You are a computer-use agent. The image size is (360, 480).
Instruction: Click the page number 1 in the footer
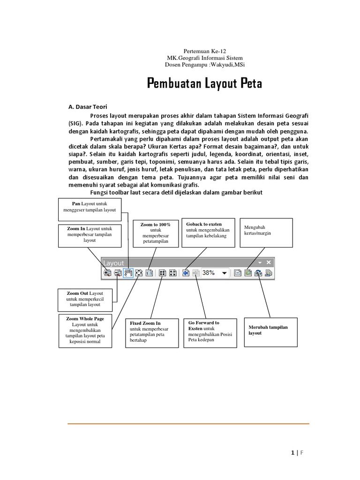[293, 453]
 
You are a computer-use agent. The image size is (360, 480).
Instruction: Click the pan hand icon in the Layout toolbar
[128, 273]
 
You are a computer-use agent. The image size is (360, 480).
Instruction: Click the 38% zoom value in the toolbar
[209, 272]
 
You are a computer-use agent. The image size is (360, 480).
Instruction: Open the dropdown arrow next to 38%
[224, 273]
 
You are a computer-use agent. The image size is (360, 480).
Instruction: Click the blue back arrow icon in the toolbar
[186, 273]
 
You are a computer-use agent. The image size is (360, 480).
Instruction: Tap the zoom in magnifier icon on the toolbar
[107, 273]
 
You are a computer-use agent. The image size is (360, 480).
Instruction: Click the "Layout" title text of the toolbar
[114, 263]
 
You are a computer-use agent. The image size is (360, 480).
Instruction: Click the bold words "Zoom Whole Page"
[85, 319]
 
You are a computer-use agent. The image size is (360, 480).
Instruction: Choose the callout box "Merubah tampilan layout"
[270, 330]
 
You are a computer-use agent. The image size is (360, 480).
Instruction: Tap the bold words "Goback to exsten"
[204, 224]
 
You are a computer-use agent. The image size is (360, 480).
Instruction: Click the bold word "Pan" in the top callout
[76, 204]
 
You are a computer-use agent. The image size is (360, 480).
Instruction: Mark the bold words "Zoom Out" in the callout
[77, 293]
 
